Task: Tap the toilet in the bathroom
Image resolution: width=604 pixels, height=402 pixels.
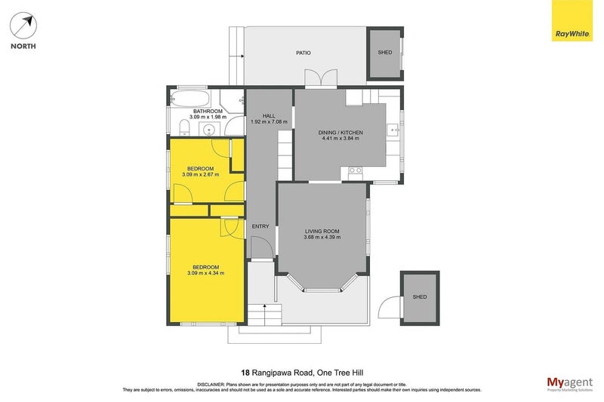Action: (185, 125)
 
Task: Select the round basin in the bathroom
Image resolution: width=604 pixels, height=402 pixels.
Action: (209, 128)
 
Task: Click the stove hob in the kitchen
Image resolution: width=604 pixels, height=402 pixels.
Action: (353, 173)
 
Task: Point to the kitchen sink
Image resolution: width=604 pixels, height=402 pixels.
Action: (393, 131)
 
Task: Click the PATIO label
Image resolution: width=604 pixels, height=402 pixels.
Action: (303, 53)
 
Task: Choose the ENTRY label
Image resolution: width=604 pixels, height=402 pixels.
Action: (260, 226)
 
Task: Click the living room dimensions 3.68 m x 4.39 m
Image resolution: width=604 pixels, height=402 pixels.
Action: (322, 238)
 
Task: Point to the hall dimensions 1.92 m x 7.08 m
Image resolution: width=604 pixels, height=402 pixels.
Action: (269, 121)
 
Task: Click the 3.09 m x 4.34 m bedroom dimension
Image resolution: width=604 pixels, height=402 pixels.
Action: (205, 273)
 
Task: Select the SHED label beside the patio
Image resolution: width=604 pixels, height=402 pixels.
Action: (385, 52)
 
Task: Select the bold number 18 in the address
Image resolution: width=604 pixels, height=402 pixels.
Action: (245, 372)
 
